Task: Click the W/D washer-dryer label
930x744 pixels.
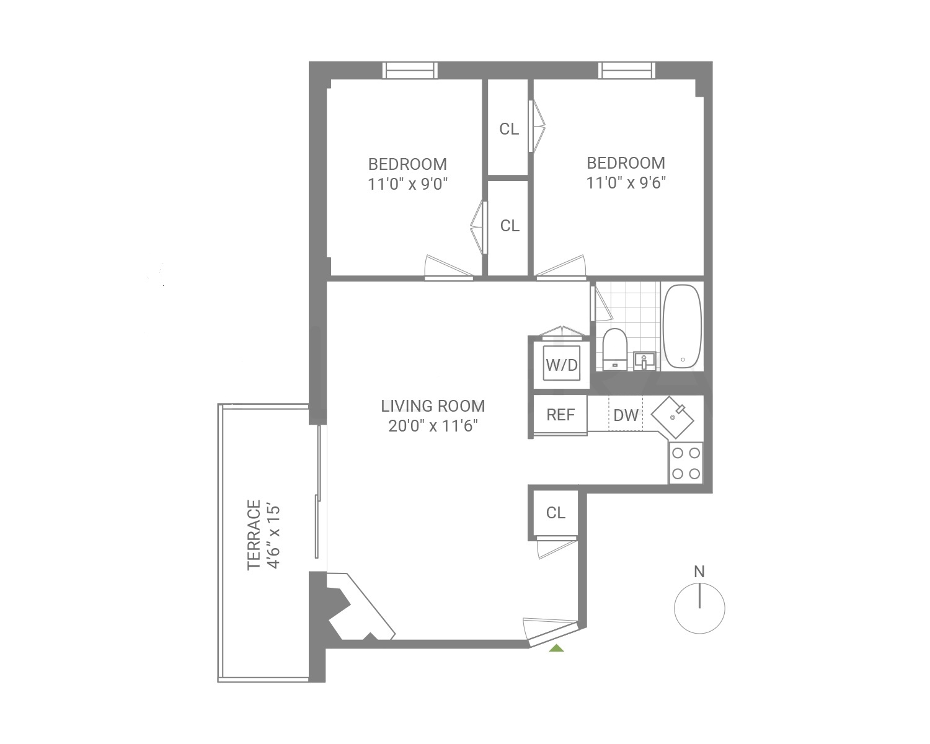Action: [561, 365]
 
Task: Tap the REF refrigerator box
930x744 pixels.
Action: [560, 415]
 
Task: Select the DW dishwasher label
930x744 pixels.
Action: [626, 415]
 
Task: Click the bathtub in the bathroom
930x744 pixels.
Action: [682, 327]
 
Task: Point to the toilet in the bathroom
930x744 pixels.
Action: [615, 350]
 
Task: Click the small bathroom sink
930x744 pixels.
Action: [645, 359]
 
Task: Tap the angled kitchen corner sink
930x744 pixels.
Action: [676, 416]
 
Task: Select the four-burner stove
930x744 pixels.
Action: [686, 463]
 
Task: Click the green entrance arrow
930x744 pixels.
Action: [557, 648]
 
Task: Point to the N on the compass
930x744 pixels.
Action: [699, 572]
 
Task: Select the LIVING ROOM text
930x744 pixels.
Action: [433, 406]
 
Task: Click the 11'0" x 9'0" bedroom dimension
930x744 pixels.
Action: [407, 184]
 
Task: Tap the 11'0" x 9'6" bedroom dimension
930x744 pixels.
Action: [626, 183]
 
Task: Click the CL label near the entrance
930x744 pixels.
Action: [556, 513]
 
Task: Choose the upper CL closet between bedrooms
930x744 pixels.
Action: [509, 129]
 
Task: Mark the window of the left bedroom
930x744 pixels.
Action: [410, 71]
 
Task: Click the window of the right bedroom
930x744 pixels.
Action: [626, 71]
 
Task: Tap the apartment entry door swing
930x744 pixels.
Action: [549, 629]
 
